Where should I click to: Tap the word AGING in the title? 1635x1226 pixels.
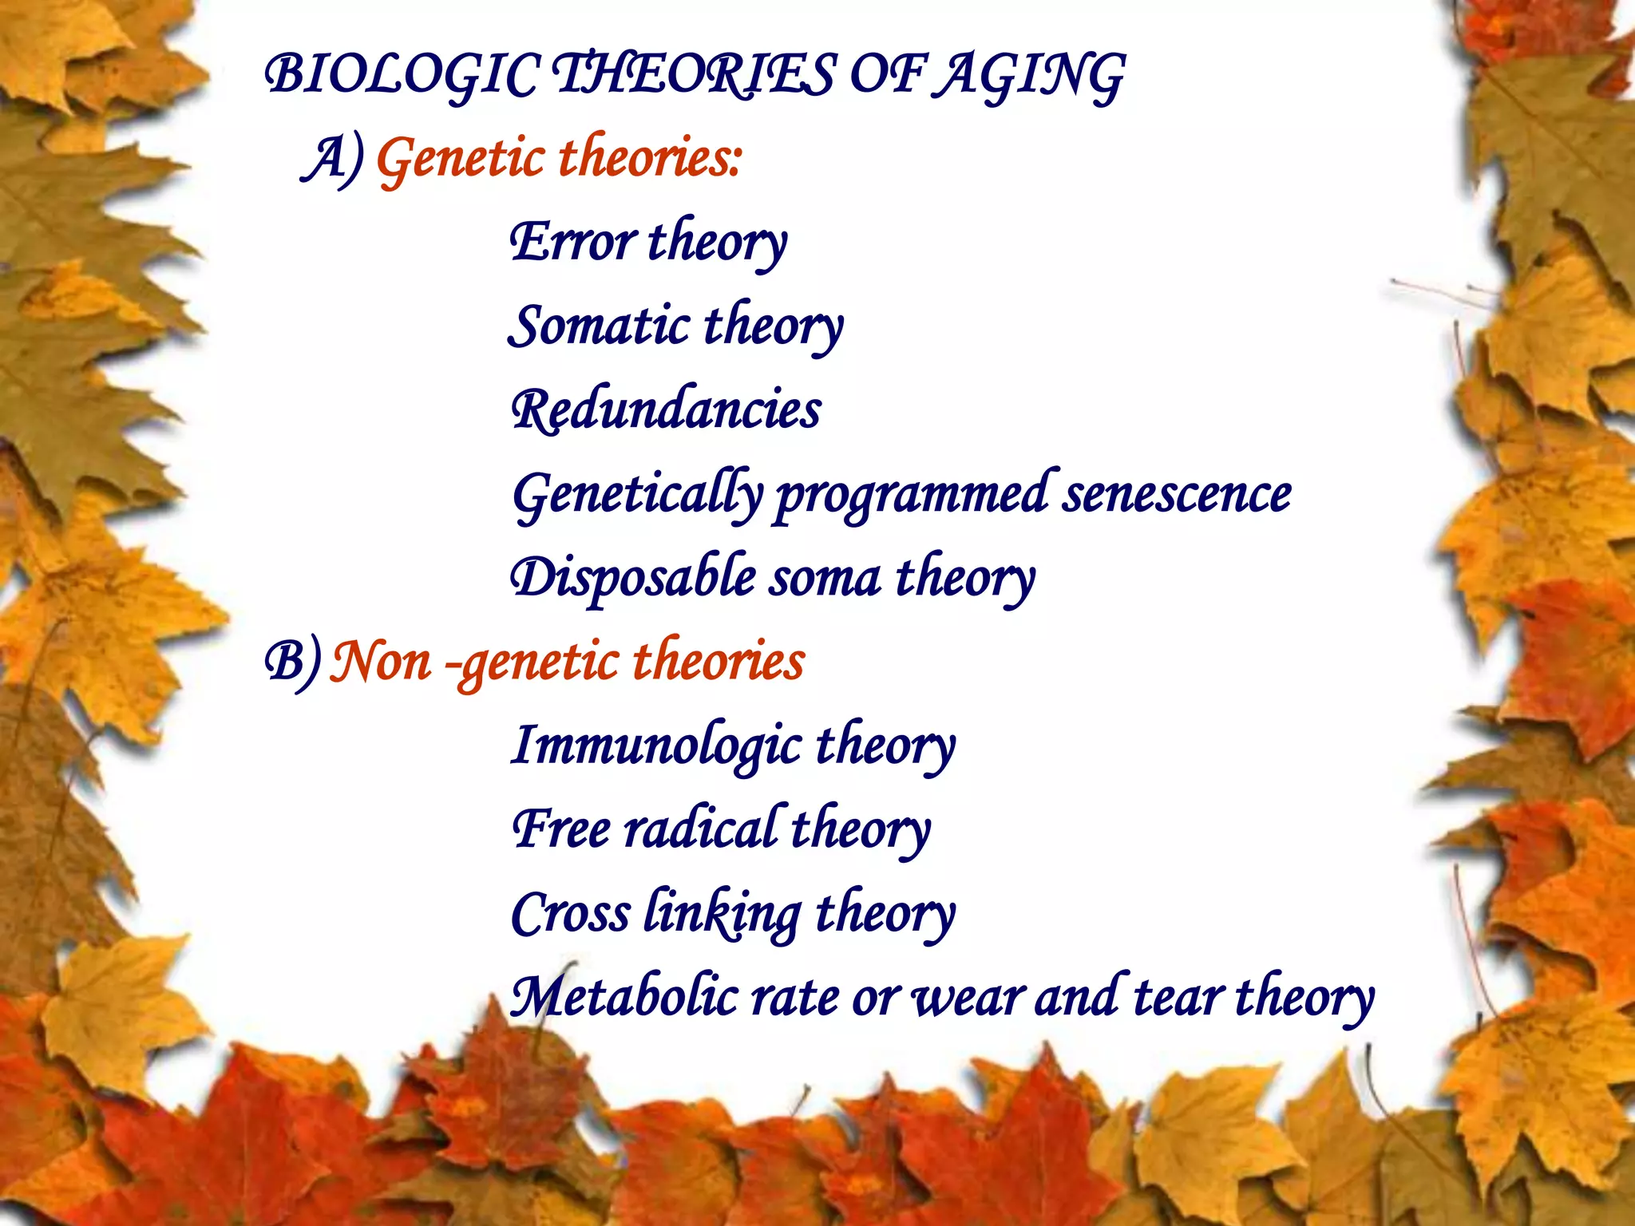click(x=1030, y=76)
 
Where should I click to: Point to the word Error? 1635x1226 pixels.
click(x=573, y=242)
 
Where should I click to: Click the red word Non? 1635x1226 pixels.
click(x=381, y=662)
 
